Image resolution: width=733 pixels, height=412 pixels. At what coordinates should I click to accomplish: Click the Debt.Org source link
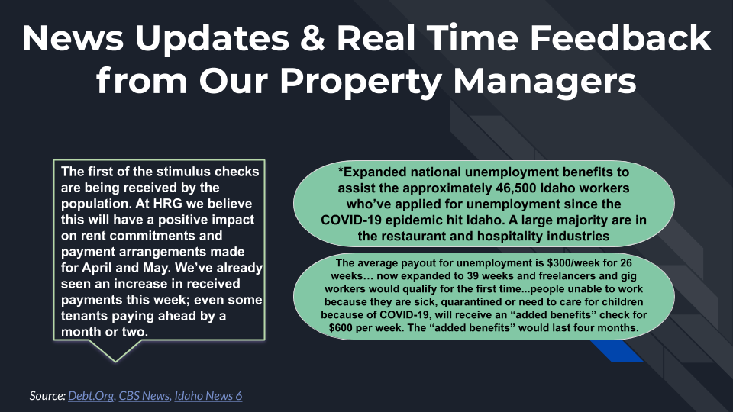pyautogui.click(x=91, y=396)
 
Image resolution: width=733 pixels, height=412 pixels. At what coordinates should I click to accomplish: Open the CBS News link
pyautogui.click(x=144, y=396)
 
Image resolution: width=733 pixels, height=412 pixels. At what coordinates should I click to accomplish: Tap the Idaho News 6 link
pyautogui.click(x=208, y=396)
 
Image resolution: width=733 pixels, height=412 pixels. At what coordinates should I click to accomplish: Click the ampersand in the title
pyautogui.click(x=313, y=38)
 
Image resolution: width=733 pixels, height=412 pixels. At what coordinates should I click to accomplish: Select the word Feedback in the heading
pyautogui.click(x=620, y=37)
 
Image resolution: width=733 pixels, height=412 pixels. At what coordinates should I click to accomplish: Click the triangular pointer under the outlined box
pyautogui.click(x=115, y=349)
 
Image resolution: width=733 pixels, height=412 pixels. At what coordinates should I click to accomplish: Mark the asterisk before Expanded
pyautogui.click(x=341, y=170)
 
